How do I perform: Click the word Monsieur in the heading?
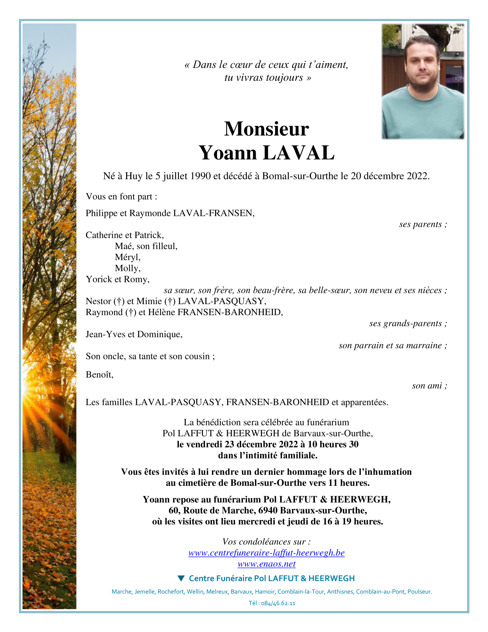[266, 129]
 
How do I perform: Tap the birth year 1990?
[200, 176]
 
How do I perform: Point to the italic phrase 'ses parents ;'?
[423, 224]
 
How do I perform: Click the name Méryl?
[128, 257]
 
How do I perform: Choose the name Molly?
[128, 268]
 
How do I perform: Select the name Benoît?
[99, 374]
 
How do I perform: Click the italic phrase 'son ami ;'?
[429, 386]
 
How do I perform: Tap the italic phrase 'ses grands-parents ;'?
[408, 323]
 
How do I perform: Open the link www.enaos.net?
[266, 564]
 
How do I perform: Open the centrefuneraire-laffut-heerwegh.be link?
[266, 553]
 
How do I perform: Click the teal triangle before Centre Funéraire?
[181, 578]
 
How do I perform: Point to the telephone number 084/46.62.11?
[278, 603]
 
